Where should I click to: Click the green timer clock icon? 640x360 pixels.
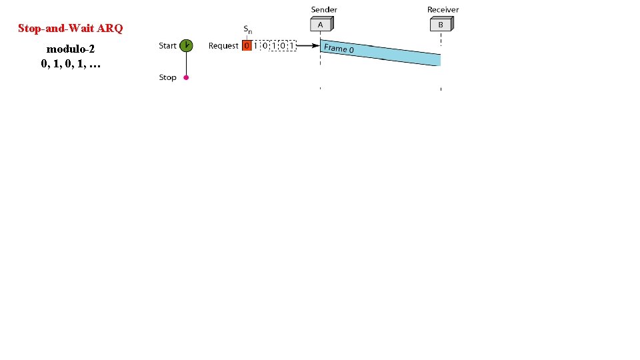187,45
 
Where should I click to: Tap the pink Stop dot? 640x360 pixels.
186,77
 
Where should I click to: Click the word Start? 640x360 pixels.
167,45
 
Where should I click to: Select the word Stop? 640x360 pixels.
167,77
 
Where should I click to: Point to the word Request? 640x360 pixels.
223,45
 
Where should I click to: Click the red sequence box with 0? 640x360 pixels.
247,46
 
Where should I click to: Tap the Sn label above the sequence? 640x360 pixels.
247,29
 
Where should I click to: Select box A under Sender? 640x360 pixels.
321,24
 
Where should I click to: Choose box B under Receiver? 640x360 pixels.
441,24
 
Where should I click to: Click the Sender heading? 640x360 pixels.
324,9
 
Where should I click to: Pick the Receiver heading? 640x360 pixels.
443,9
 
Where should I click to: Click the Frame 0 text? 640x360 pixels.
339,49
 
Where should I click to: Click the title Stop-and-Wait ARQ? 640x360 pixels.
71,29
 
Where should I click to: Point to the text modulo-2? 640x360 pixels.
70,49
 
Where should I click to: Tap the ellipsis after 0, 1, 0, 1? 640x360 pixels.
94,64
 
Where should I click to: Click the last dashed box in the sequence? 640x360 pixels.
291,46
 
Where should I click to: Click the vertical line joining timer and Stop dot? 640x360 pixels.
186,63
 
